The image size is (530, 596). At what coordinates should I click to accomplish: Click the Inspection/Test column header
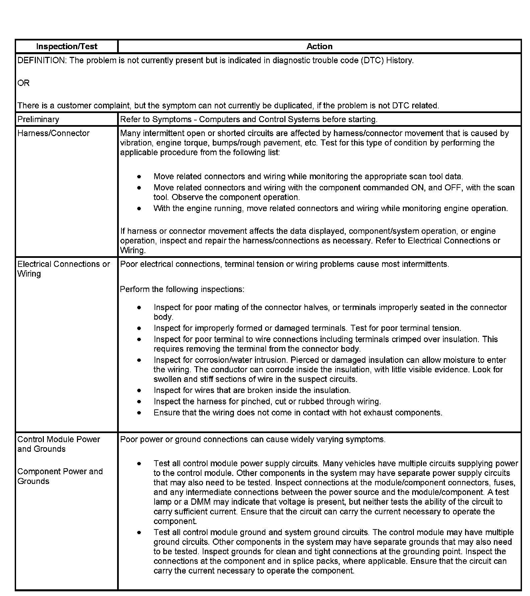[x=67, y=46]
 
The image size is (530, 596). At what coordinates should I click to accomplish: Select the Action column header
[x=319, y=46]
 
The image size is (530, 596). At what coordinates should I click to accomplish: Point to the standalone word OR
[x=23, y=83]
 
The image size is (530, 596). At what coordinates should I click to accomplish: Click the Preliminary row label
[x=38, y=119]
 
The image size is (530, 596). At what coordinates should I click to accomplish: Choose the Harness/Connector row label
[x=54, y=133]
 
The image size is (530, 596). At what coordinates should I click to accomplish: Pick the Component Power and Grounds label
[x=60, y=476]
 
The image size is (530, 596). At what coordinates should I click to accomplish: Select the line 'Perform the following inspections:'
[x=182, y=289]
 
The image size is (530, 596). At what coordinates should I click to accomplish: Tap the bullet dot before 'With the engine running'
[x=139, y=208]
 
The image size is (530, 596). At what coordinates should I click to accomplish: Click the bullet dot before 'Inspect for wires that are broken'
[x=139, y=390]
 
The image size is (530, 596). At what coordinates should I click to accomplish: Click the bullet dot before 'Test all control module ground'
[x=139, y=532]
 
